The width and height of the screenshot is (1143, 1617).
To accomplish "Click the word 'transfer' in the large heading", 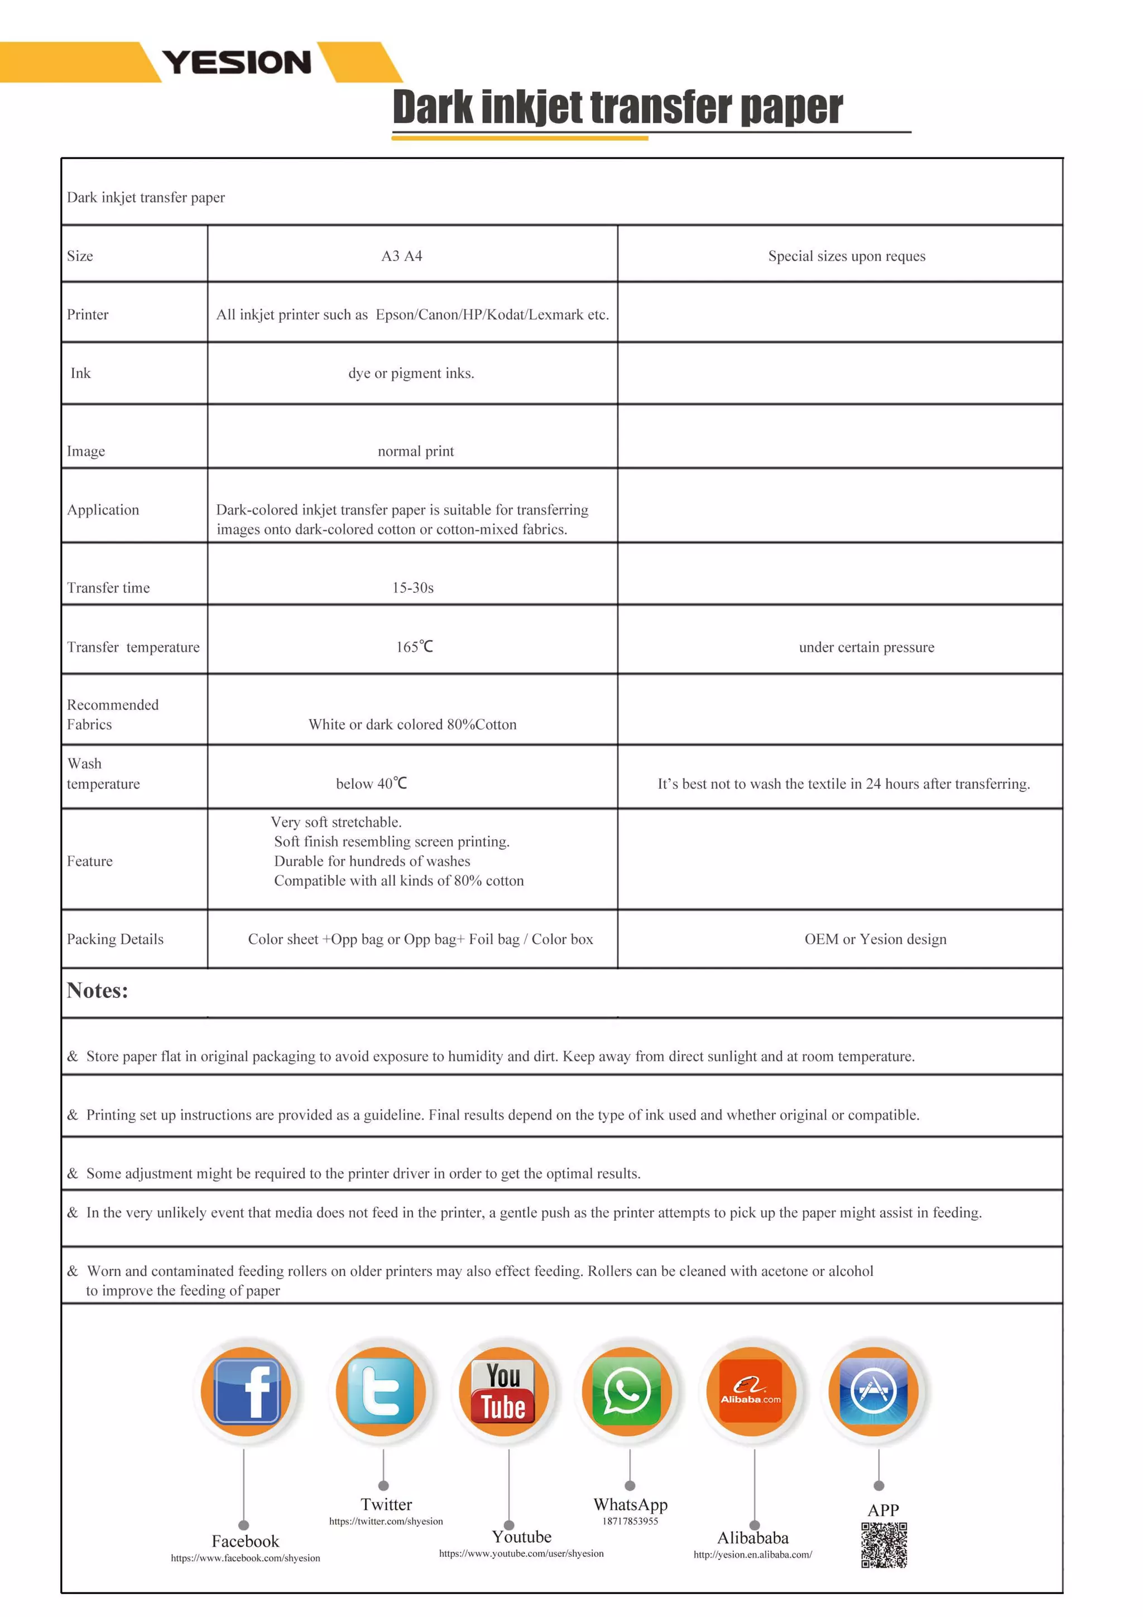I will click(x=664, y=107).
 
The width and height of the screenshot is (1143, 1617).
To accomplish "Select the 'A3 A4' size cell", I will click(x=401, y=256).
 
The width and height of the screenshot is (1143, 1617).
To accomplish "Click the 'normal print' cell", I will click(x=415, y=451).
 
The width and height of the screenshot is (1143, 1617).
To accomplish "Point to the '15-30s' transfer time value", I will click(x=412, y=587).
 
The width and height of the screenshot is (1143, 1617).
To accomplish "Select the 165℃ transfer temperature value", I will click(x=414, y=646).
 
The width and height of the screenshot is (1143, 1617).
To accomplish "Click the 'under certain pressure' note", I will click(x=866, y=646).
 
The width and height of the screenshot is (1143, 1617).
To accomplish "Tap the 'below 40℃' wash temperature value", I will click(x=371, y=783).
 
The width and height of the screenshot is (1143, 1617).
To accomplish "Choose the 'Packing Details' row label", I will click(x=115, y=939).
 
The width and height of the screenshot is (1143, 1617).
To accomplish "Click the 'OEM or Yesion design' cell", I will click(x=875, y=939).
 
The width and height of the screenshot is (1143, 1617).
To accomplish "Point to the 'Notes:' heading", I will click(x=97, y=990).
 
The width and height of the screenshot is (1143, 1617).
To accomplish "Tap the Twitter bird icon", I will click(x=381, y=1391).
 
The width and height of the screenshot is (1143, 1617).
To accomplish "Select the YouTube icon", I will click(x=503, y=1391).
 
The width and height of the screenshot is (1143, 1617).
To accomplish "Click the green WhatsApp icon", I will click(x=627, y=1391).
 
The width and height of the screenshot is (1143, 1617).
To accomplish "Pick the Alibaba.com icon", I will click(x=751, y=1391).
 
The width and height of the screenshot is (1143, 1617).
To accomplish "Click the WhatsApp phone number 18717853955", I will click(x=630, y=1521).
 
